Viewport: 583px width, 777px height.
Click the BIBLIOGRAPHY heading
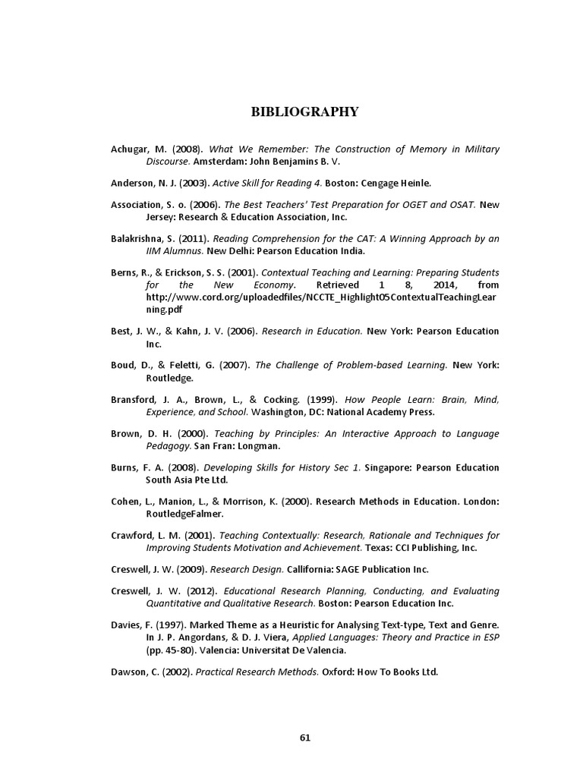[x=304, y=112]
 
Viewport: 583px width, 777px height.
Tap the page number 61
[x=305, y=737]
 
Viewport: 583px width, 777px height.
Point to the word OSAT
[x=459, y=205]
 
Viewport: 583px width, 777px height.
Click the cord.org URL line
[x=322, y=297]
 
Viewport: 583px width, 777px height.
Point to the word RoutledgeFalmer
[x=181, y=514]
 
